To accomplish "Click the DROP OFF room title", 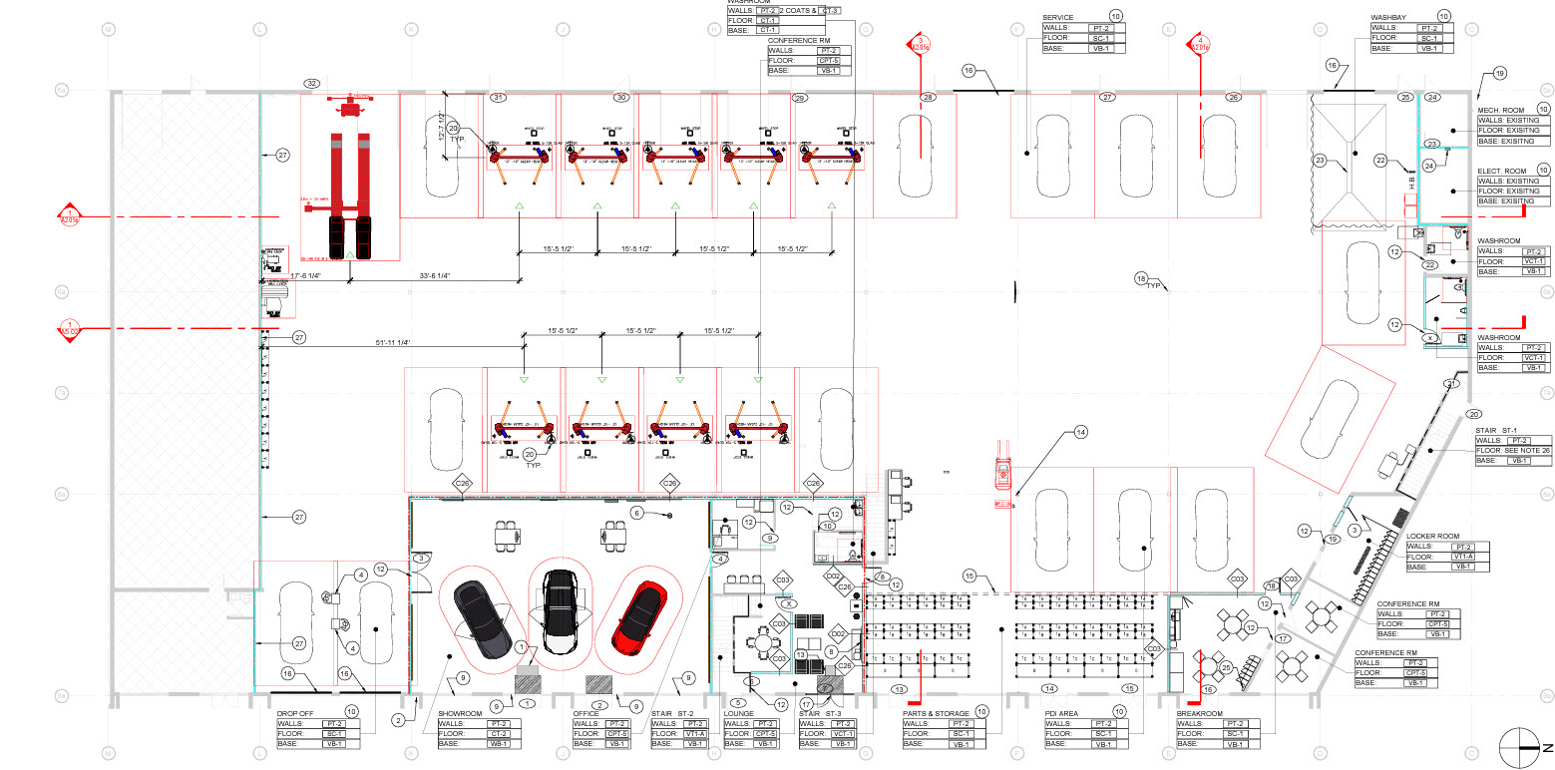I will [295, 713].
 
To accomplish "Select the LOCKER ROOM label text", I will [1432, 537].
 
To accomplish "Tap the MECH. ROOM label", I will [1501, 109].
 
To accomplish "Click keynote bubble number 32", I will [312, 83].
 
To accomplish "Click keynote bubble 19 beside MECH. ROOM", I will [1500, 73].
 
